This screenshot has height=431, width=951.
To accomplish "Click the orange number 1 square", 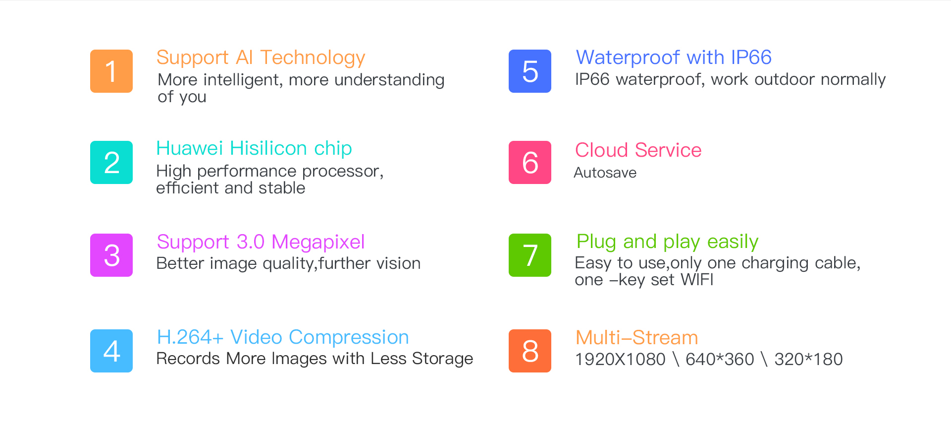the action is (111, 71).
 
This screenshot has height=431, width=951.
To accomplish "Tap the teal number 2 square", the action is (111, 162).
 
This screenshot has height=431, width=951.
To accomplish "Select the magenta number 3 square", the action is (111, 255).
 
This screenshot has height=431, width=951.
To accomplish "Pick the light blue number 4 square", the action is (111, 351).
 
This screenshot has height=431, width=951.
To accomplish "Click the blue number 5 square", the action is (530, 71).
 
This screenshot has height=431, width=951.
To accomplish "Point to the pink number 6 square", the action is (530, 162).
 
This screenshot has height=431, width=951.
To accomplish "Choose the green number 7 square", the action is (530, 255).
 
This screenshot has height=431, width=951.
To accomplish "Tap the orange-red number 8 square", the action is (530, 351).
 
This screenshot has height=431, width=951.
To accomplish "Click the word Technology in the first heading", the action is (313, 59).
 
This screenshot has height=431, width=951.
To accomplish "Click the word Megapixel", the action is (318, 243).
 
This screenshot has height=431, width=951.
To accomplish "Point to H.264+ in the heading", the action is (190, 337).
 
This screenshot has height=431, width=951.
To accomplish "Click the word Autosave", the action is (605, 173).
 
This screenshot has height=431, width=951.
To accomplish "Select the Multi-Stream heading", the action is (637, 338).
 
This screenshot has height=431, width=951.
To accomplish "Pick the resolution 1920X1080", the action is (620, 359).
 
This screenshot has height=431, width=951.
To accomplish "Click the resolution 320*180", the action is (808, 359).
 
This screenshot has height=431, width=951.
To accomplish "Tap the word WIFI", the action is (697, 280).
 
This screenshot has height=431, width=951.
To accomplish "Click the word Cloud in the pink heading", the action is (602, 150).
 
